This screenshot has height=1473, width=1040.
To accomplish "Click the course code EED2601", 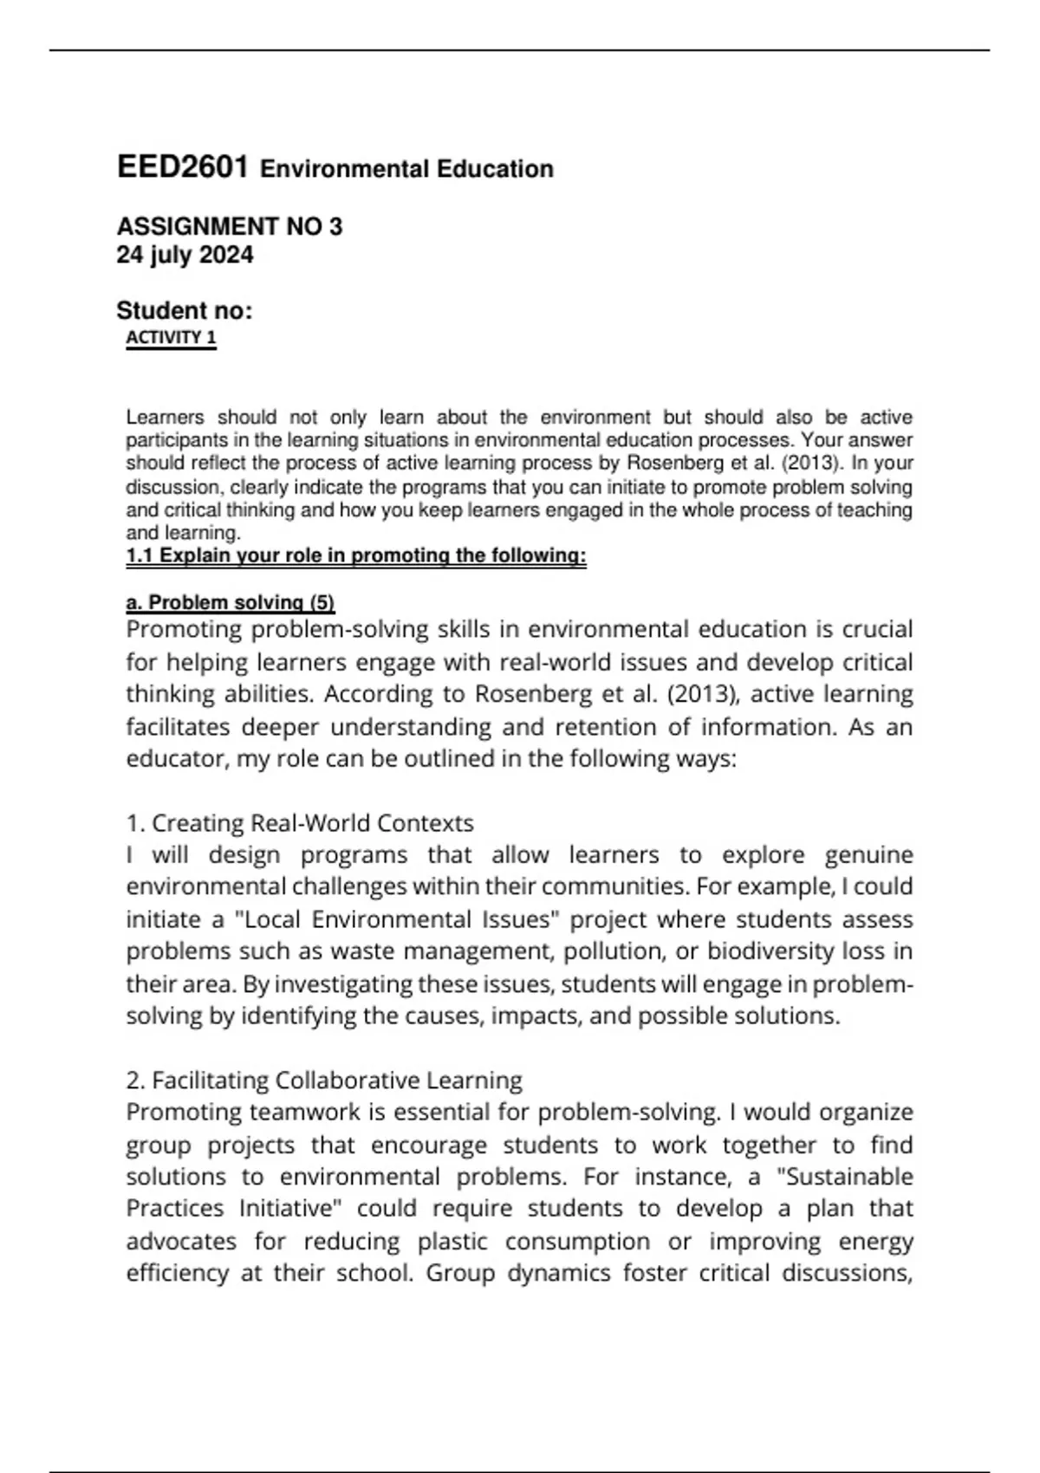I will coord(183,167).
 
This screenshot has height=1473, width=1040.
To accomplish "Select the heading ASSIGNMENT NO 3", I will coord(230,227).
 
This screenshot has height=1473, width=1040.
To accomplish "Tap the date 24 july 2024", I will coord(185,256).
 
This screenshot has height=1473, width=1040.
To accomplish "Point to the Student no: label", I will coord(185,311).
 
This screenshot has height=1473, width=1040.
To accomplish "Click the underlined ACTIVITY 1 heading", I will coord(171,338).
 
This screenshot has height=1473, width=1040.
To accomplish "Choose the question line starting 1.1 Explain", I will coord(356,556).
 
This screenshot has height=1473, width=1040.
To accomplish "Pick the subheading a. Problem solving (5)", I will coord(231,602).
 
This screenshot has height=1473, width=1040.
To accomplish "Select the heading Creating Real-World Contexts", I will coord(312,822).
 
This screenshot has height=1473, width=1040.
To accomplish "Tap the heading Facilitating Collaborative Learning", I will coord(336,1080).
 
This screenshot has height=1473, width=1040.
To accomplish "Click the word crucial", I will coord(878,629).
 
